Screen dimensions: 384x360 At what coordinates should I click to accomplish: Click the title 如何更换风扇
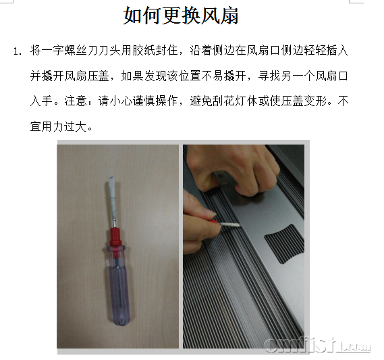(x=181, y=15)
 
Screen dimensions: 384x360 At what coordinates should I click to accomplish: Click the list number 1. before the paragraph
(x=18, y=51)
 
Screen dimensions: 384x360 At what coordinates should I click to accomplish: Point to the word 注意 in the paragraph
(x=76, y=101)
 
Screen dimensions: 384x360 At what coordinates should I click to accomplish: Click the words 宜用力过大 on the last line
(x=58, y=127)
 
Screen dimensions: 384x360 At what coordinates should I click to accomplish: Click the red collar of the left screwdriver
(x=115, y=237)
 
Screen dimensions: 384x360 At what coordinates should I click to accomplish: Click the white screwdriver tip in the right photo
(x=230, y=224)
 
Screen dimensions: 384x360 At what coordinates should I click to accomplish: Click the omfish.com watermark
(x=317, y=345)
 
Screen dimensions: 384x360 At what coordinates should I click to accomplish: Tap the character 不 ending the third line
(x=343, y=101)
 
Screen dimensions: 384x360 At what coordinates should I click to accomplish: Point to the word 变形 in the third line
(x=315, y=101)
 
